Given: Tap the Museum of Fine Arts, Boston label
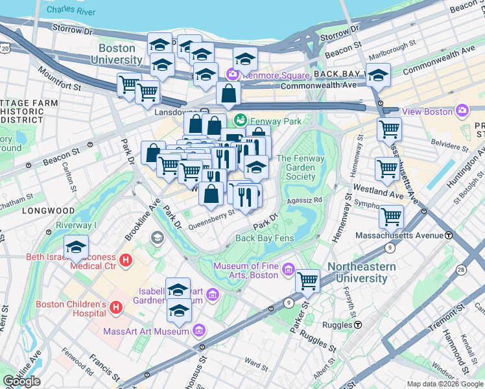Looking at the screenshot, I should [246, 270].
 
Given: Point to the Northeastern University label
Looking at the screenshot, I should [357, 273].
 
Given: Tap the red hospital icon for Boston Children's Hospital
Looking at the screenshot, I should [116, 306].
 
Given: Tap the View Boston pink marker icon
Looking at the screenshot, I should [461, 111].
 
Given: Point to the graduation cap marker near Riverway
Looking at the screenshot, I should [77, 247].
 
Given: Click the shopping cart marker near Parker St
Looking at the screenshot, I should [307, 281].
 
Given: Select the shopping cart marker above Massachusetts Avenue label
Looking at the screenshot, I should [391, 216].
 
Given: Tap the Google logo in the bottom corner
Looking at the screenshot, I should [21, 381].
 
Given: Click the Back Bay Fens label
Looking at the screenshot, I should [265, 238].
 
